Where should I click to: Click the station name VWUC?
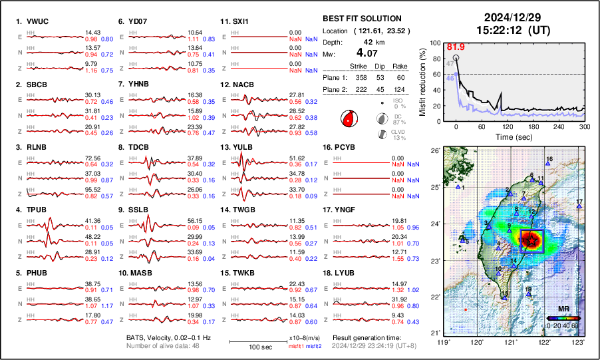(39, 22)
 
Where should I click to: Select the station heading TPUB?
(38, 210)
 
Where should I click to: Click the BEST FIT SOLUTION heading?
(361, 19)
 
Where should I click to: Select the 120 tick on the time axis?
(508, 126)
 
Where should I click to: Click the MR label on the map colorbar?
(563, 309)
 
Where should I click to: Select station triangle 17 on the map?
(579, 207)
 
